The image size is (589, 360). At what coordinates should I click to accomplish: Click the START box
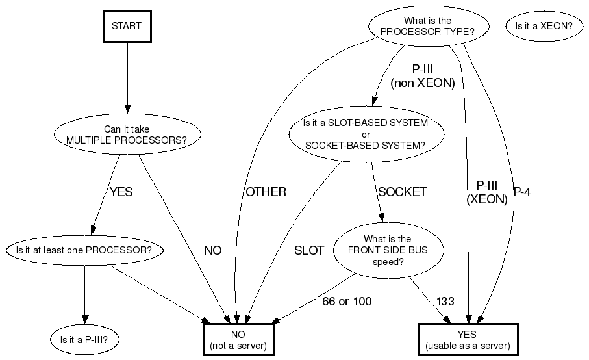point(127,27)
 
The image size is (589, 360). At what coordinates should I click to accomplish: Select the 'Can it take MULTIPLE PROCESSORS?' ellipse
point(127,135)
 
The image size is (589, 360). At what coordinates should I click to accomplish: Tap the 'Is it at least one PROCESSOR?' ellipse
point(84,250)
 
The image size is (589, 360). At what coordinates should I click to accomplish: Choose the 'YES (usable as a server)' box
point(468,339)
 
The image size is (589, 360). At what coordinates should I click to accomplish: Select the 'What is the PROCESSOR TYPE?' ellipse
point(427,26)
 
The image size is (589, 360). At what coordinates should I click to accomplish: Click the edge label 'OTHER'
point(266,192)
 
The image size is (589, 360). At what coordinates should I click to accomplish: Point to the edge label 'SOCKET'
point(403,192)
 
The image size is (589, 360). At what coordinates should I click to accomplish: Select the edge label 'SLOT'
point(309,251)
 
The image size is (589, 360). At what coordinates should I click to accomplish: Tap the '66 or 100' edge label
point(347,302)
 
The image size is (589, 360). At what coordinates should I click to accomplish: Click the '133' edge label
point(445,302)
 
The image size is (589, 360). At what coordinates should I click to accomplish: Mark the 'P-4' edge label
point(522,193)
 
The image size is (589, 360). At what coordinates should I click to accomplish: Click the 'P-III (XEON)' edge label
point(487,193)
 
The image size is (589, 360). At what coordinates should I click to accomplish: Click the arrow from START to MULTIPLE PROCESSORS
point(127,78)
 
